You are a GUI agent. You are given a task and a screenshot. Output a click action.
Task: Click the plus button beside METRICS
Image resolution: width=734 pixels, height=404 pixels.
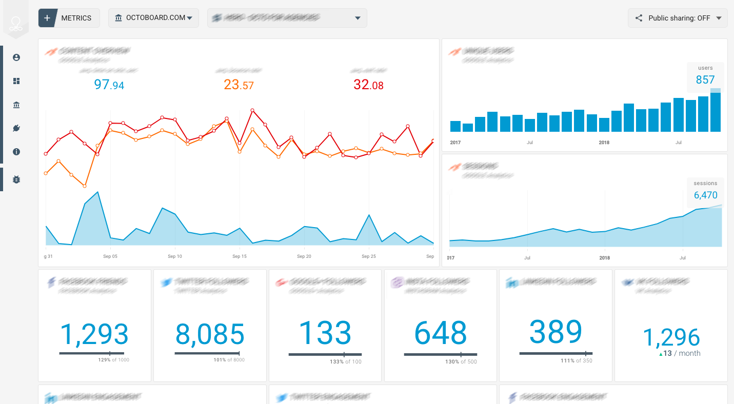[x=47, y=18]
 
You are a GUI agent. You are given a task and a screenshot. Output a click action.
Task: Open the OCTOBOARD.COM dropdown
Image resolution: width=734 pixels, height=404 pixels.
[x=153, y=18]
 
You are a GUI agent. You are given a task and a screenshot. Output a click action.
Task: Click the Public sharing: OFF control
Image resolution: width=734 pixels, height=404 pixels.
[x=678, y=18]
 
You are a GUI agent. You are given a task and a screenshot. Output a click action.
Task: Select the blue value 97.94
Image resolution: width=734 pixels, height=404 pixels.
[x=109, y=85]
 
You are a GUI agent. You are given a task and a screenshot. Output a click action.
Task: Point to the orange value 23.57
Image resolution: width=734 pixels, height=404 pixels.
[x=239, y=85]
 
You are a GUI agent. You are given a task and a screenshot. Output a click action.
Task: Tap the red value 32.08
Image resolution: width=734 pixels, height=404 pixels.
[x=368, y=85]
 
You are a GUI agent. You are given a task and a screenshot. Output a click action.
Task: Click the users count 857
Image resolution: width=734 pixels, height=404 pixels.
[x=705, y=79]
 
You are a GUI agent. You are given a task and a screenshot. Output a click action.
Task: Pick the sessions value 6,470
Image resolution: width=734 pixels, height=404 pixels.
[x=705, y=195]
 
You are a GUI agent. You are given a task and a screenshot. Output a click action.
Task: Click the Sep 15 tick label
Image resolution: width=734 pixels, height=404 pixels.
[x=240, y=256]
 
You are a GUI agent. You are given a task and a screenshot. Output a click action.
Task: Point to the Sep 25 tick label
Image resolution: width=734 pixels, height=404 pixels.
[x=369, y=256]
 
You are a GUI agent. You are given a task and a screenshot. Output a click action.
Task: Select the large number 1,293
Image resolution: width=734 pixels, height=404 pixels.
[x=94, y=334]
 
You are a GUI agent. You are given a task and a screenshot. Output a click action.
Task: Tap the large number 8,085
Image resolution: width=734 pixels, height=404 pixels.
[x=210, y=334]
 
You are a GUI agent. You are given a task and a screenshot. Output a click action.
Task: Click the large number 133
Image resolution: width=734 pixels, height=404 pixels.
[x=325, y=333]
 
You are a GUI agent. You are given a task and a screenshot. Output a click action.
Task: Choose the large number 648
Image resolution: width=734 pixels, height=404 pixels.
[x=441, y=333]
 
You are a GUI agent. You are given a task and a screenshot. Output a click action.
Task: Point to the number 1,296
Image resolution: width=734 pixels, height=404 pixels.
[x=671, y=337]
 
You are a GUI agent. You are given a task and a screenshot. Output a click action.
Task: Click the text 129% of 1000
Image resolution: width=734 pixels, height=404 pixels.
[x=114, y=360]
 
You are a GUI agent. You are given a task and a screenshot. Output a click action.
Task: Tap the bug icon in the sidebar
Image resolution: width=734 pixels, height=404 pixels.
[x=16, y=179]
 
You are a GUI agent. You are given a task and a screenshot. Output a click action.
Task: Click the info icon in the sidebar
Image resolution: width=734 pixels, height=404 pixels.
[x=16, y=152]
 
